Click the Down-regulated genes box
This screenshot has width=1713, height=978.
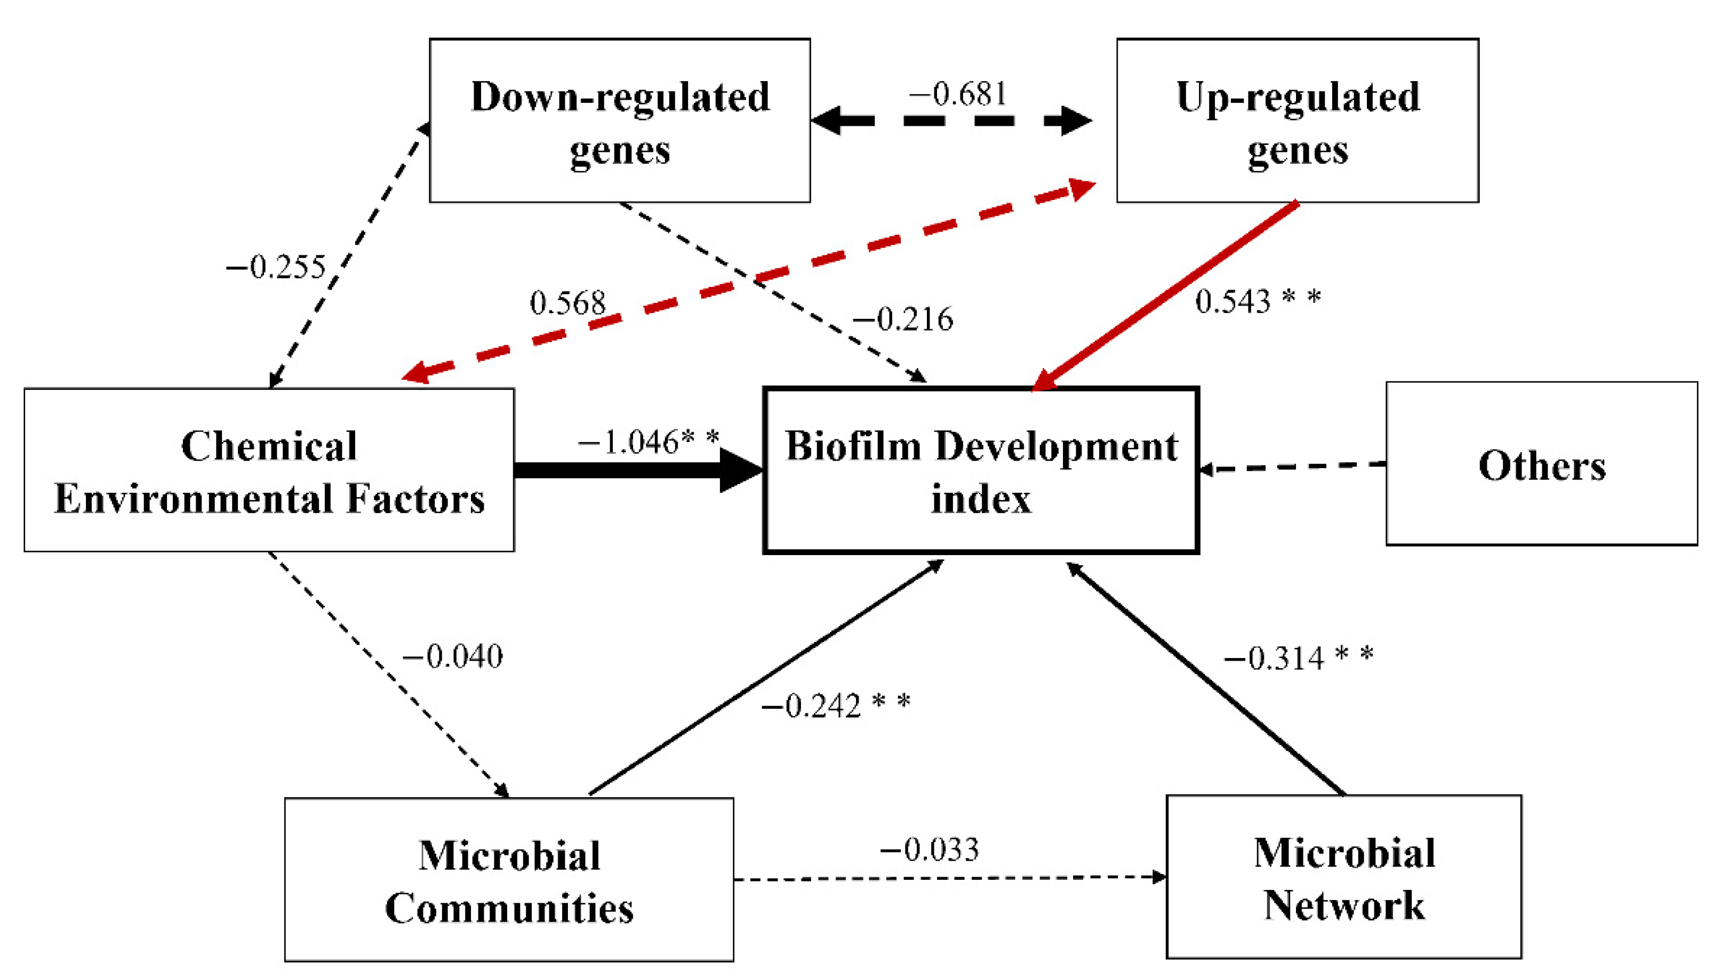tap(619, 121)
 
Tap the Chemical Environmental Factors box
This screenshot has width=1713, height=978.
tap(269, 470)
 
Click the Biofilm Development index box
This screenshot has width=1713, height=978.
tap(981, 470)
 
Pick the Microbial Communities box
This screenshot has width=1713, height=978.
tap(509, 880)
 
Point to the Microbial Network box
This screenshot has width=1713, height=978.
tap(1343, 877)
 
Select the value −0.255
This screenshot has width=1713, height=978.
tap(275, 267)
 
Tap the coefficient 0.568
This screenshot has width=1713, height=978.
tap(567, 303)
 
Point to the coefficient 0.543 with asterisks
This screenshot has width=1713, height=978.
tap(1256, 300)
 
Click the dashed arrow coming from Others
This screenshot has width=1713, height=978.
tap(1293, 466)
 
